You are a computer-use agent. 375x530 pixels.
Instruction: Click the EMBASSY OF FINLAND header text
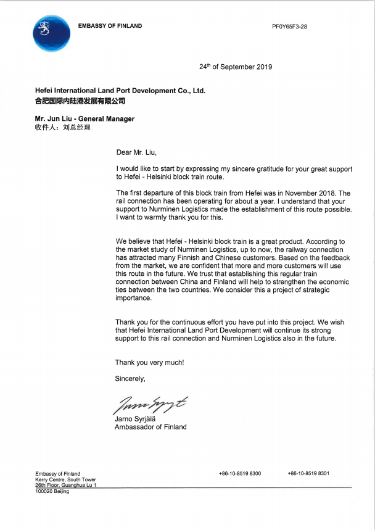[x=110, y=26]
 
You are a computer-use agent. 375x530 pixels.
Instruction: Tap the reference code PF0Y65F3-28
[x=289, y=27]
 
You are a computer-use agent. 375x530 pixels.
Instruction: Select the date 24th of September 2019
[x=236, y=67]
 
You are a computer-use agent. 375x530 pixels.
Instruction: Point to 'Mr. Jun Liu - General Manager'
[x=84, y=118]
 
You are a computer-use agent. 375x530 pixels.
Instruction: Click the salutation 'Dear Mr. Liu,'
[x=141, y=152]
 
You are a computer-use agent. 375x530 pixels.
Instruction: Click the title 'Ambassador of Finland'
[x=150, y=426]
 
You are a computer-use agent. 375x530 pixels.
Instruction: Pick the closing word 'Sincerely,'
[x=130, y=378]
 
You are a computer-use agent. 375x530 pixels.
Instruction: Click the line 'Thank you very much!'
[x=149, y=362]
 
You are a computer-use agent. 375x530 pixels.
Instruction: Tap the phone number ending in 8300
[x=239, y=473]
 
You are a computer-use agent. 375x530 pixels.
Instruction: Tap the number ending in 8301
[x=308, y=473]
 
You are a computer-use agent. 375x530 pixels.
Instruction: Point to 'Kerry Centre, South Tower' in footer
[x=65, y=479]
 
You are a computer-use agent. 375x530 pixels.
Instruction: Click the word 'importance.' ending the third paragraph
[x=133, y=297]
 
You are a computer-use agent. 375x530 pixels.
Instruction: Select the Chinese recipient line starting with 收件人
[x=63, y=128]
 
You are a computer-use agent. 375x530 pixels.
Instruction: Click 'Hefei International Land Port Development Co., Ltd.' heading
[x=120, y=91]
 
